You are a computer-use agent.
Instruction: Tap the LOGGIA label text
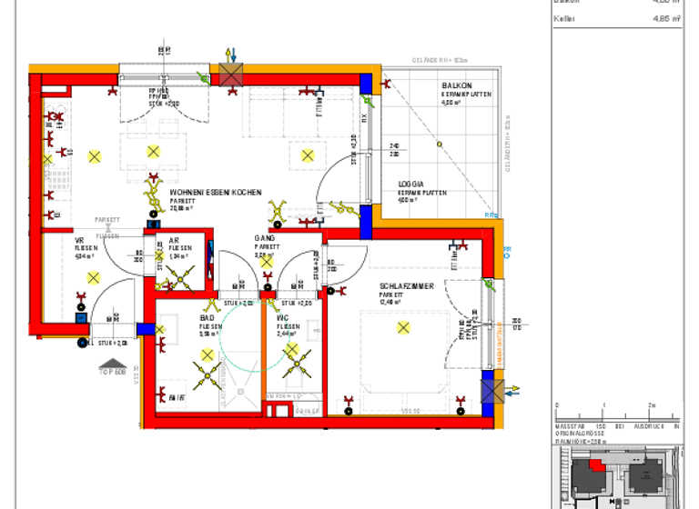(411, 185)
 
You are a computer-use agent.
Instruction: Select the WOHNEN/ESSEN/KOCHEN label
(216, 193)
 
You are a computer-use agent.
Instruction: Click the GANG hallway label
(264, 239)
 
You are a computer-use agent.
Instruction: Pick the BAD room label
(207, 318)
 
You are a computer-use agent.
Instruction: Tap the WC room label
(282, 318)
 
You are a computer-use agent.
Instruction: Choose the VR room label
(79, 240)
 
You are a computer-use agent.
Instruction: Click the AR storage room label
(174, 240)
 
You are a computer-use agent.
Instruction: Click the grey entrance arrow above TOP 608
(113, 362)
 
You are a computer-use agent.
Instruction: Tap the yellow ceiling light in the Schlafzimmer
(403, 327)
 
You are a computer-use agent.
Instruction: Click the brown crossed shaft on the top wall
(230, 76)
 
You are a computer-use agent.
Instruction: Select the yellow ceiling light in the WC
(292, 356)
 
